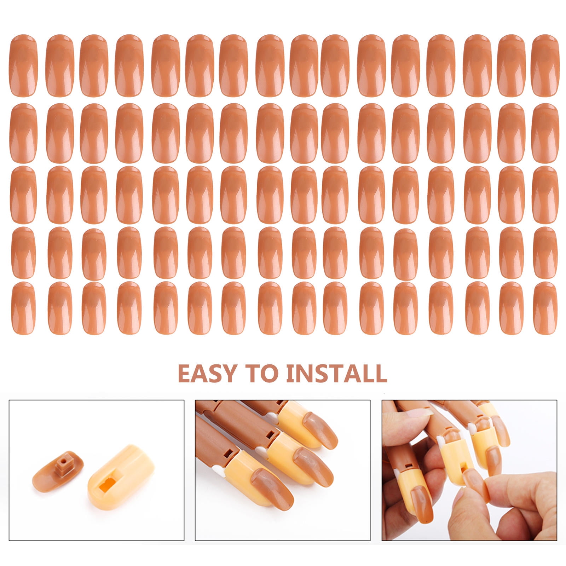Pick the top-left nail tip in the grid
click(x=24, y=66)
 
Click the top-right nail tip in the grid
click(x=545, y=66)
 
